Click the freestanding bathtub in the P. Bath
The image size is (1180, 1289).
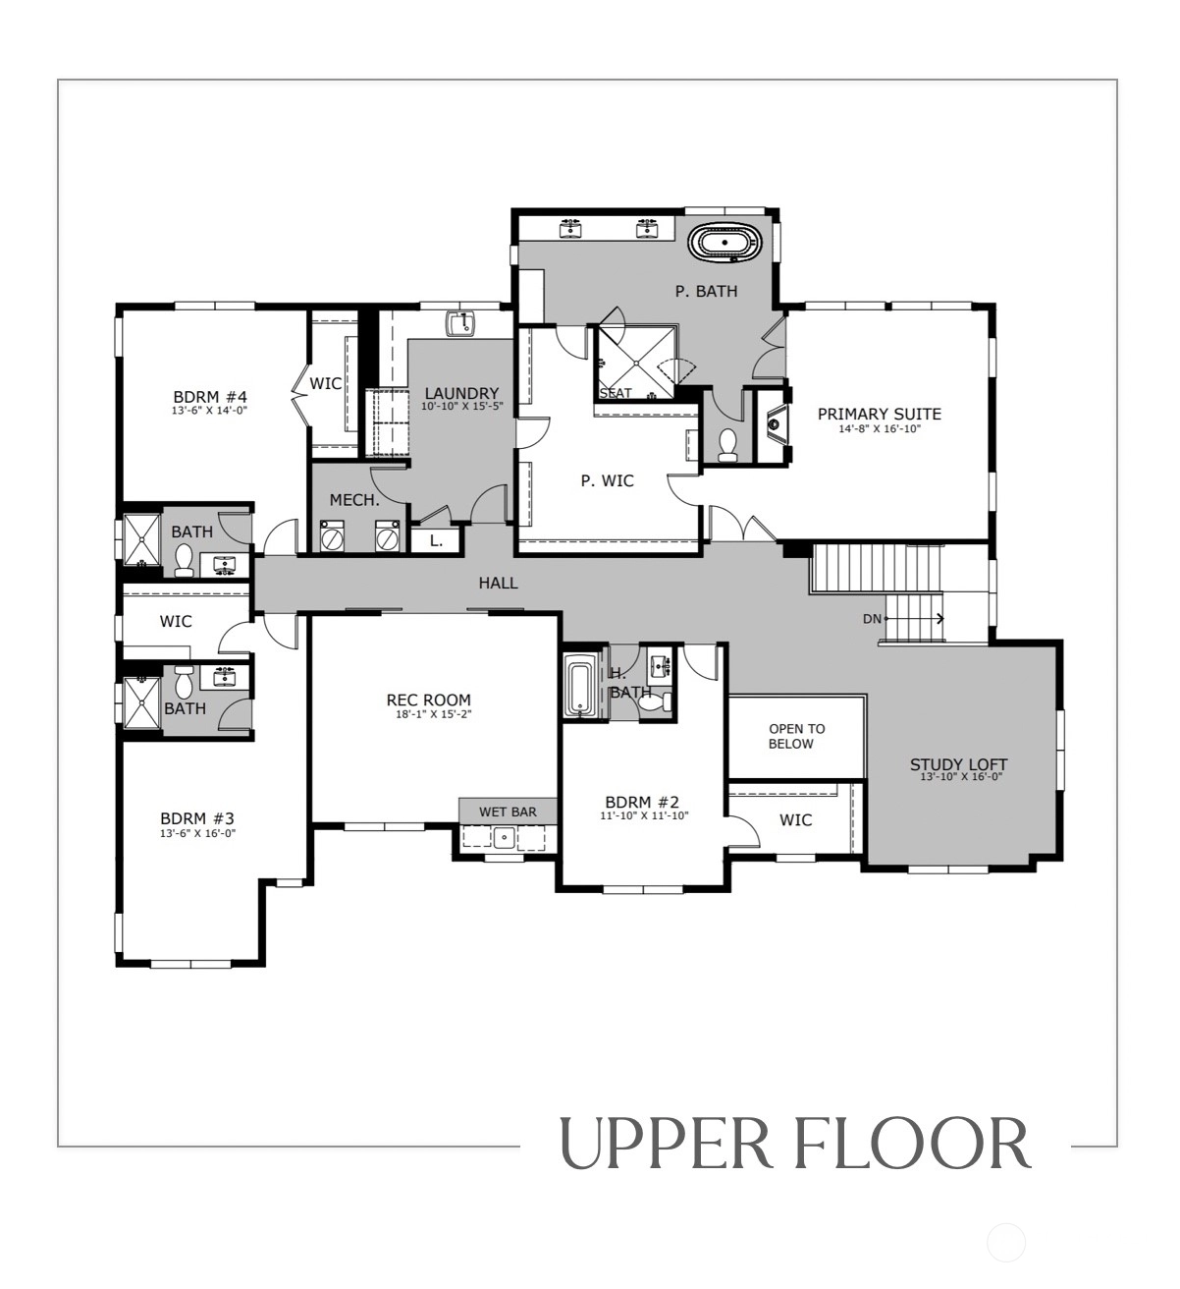point(724,243)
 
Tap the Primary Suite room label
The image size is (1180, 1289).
point(879,414)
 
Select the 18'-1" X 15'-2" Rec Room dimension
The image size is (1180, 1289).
point(434,714)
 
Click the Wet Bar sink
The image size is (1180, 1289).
point(505,837)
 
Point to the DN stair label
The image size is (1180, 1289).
point(872,619)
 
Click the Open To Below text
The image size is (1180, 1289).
point(796,736)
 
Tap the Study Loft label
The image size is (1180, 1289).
point(958,764)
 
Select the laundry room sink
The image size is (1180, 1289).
point(460,324)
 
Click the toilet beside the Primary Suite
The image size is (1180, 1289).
point(727,445)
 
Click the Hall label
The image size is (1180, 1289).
point(498,583)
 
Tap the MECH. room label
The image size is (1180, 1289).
point(354,500)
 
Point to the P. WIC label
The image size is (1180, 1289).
point(607,480)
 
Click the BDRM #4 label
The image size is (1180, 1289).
point(210,397)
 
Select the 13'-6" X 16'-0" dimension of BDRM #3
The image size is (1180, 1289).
point(198,833)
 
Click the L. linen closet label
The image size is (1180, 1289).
point(436,541)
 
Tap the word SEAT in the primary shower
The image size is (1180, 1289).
point(616,393)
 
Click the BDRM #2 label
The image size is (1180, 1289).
point(642,802)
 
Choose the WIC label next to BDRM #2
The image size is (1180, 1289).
point(795,820)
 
